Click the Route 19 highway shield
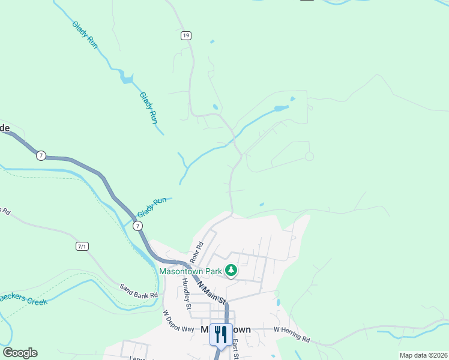(x=186, y=36)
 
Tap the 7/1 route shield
(x=82, y=246)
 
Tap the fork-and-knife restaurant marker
(x=221, y=334)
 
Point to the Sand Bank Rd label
(x=138, y=291)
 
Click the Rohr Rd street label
(x=197, y=251)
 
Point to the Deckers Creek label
(x=23, y=299)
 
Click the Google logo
(x=20, y=353)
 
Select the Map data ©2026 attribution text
(x=423, y=355)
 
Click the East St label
(x=236, y=349)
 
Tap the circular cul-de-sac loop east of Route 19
(x=309, y=156)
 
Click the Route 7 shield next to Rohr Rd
(x=138, y=226)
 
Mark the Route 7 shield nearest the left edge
(x=40, y=155)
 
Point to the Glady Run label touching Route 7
(x=151, y=208)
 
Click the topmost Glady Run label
(x=85, y=35)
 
